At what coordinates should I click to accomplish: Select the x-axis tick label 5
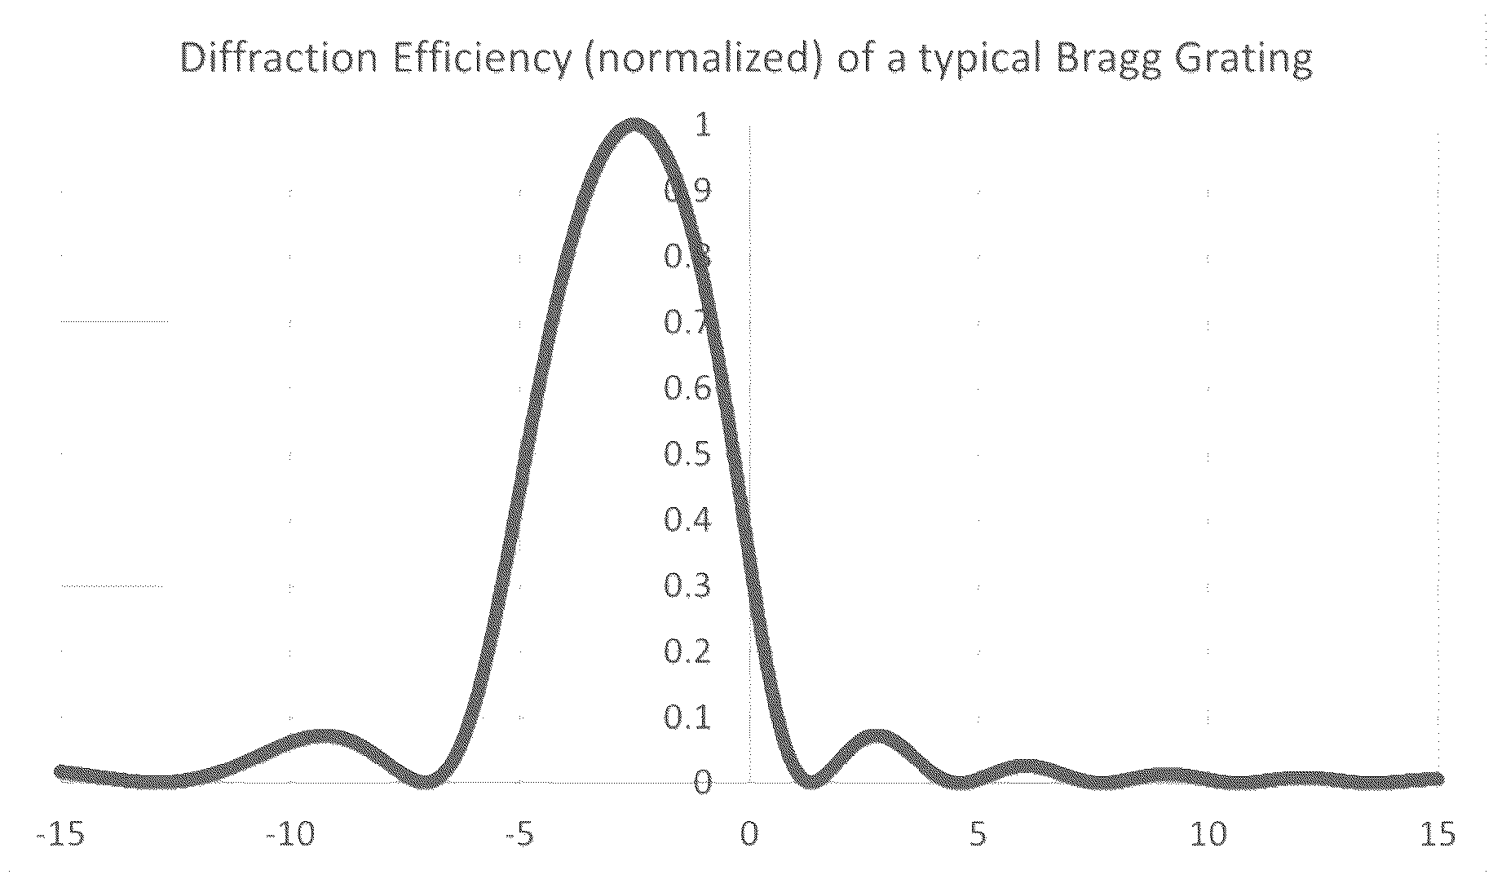978,837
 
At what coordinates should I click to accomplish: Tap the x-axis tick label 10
1208,837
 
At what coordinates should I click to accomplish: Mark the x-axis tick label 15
1436,837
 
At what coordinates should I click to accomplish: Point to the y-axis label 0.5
687,455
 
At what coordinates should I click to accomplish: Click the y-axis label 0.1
687,718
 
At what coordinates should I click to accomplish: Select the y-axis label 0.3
687,586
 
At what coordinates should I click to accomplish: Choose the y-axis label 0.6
687,389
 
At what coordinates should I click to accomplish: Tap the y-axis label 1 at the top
701,125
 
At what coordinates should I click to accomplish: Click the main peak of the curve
634,126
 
